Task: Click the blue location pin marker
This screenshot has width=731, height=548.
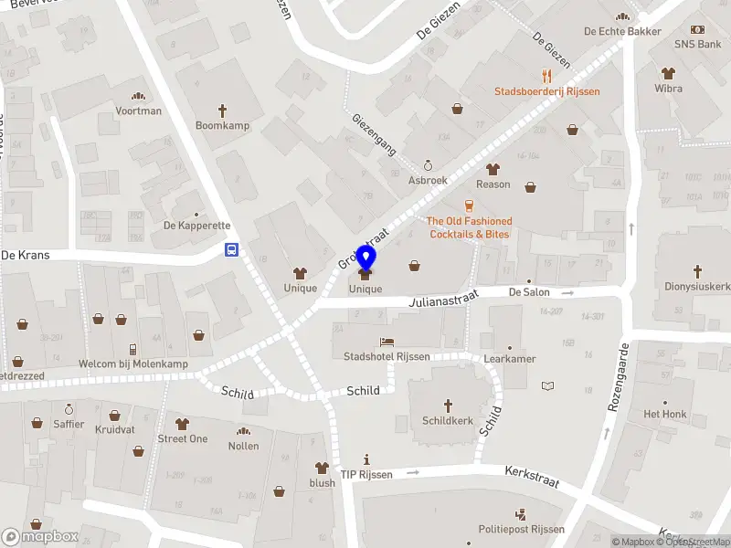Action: [365, 259]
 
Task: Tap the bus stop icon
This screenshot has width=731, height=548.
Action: [232, 249]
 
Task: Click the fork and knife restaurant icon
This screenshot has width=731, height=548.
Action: [546, 76]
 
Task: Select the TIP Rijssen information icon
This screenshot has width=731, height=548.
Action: [366, 459]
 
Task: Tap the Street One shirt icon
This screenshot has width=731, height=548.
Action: [182, 423]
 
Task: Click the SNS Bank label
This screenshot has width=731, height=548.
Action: [698, 44]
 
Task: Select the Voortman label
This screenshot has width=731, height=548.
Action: [139, 111]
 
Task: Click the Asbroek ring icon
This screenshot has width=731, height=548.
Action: [427, 165]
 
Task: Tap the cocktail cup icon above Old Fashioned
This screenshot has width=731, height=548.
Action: [469, 205]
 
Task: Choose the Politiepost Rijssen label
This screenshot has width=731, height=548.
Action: [521, 530]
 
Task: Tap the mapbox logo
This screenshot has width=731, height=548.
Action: [41, 536]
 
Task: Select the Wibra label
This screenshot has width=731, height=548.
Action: [668, 89]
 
